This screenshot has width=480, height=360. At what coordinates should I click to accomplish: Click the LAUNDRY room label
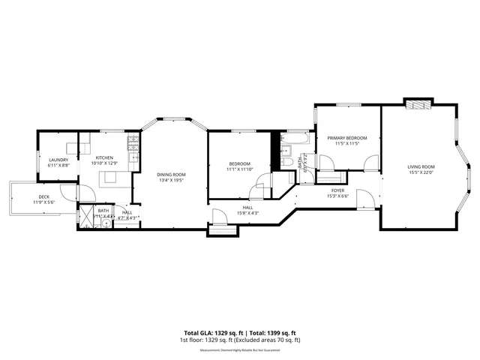pyautogui.click(x=58, y=160)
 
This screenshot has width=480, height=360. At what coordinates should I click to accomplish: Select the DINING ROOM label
pyautogui.click(x=171, y=175)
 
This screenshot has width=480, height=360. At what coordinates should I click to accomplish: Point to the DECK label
pyautogui.click(x=44, y=197)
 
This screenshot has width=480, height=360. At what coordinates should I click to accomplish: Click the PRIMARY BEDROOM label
pyautogui.click(x=346, y=138)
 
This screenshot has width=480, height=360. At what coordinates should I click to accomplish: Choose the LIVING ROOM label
pyautogui.click(x=421, y=166)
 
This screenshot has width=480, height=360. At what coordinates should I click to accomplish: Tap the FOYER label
pyautogui.click(x=337, y=190)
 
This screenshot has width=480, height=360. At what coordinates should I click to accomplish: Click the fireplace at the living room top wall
pyautogui.click(x=417, y=104)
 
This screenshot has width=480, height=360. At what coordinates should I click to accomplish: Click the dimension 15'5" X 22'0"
pyautogui.click(x=421, y=172)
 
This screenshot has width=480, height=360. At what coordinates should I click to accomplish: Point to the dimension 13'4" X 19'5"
pyautogui.click(x=171, y=181)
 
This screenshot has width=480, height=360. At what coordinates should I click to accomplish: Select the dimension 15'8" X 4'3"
pyautogui.click(x=247, y=213)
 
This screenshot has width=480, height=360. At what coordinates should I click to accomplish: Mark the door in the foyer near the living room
pyautogui.click(x=365, y=199)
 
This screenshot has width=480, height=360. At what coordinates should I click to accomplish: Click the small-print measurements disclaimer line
pyautogui.click(x=240, y=349)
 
